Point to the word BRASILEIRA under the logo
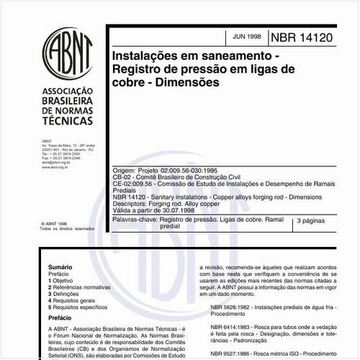click(68, 102)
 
